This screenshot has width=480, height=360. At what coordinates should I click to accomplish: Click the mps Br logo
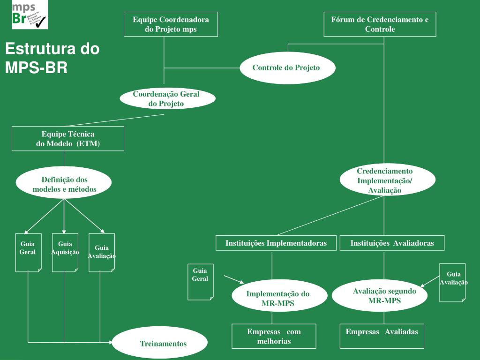[30, 15]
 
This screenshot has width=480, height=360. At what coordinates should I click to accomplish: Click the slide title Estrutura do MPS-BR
[52, 58]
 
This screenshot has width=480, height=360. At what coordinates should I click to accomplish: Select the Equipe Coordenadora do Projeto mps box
[171, 24]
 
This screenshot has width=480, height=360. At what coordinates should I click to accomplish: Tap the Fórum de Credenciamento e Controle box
[380, 24]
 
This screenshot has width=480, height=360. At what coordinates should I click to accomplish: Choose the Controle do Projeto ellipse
[287, 68]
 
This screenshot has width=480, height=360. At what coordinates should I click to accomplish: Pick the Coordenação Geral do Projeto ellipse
[167, 99]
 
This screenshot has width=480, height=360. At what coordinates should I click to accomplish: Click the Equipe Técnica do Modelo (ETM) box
[68, 139]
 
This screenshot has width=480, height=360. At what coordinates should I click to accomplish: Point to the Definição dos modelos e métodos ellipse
[64, 185]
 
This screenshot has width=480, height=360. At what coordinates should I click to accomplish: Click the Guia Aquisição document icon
[65, 253]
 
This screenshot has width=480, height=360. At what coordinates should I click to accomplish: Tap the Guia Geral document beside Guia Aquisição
[28, 253]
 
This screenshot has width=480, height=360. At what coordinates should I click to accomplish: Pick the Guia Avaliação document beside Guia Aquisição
[102, 253]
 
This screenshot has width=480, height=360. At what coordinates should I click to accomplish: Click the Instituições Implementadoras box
[276, 243]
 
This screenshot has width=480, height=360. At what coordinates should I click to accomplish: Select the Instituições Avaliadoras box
[392, 243]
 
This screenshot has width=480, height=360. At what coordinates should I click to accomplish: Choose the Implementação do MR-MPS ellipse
[278, 299]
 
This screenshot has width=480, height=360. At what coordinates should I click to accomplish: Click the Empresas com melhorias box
[274, 336]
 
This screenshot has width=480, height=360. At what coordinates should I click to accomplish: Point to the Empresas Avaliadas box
[382, 336]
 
